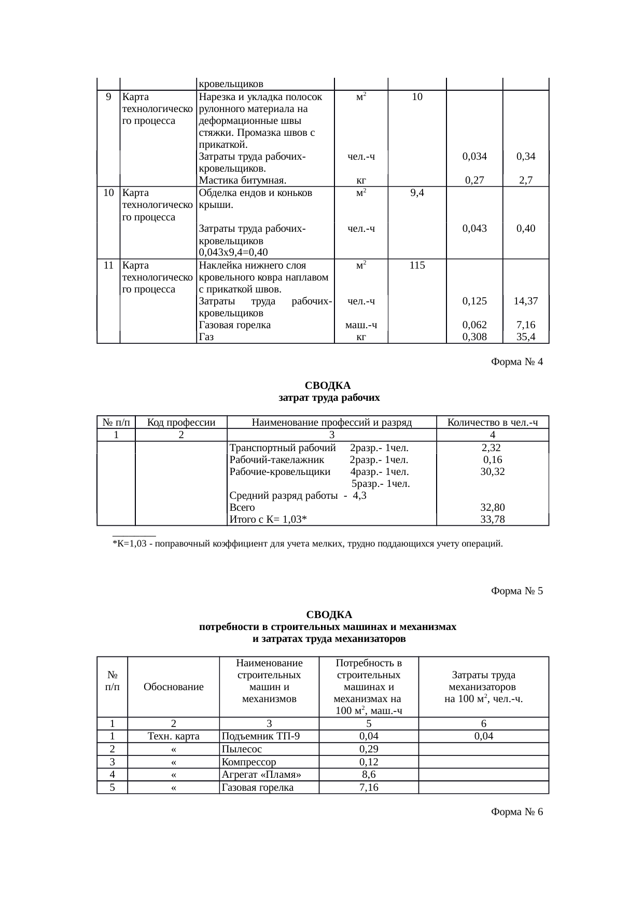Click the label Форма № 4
click(516, 362)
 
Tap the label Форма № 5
click(516, 591)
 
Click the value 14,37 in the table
click(525, 301)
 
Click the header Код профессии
click(181, 422)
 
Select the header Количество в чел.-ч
click(492, 422)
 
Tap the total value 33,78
click(493, 520)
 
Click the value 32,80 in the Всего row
click(493, 508)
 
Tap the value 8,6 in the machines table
click(369, 775)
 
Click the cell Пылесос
click(242, 749)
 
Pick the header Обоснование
click(173, 687)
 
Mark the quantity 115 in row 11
click(417, 265)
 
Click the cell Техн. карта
click(173, 736)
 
